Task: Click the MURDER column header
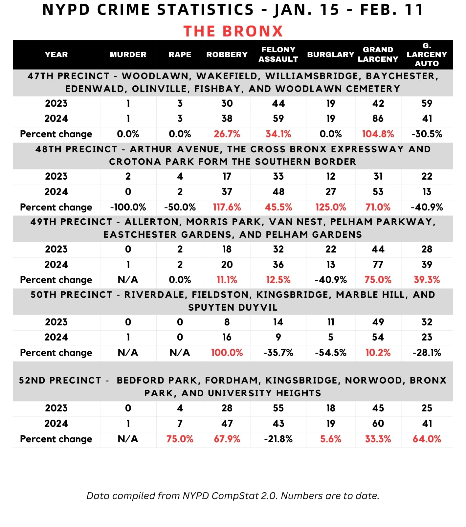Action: pyautogui.click(x=128, y=55)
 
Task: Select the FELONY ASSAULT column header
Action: pyautogui.click(x=278, y=55)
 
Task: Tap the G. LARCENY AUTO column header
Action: pyautogui.click(x=427, y=55)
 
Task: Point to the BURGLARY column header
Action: pyautogui.click(x=331, y=55)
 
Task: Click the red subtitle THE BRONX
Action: pyautogui.click(x=233, y=31)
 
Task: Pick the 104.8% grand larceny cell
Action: pyautogui.click(x=378, y=134)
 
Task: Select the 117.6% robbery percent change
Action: pyautogui.click(x=227, y=207)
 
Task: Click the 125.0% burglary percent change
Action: pyautogui.click(x=331, y=207)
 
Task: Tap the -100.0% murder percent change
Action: pyautogui.click(x=128, y=207)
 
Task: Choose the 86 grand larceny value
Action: pyautogui.click(x=378, y=119)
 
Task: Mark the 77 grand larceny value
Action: pyautogui.click(x=378, y=264)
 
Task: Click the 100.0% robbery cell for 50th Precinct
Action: pyautogui.click(x=227, y=353)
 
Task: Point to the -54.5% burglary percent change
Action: pyautogui.click(x=331, y=353)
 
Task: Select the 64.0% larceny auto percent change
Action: pyautogui.click(x=427, y=439)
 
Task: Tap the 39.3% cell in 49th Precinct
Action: pyautogui.click(x=427, y=280)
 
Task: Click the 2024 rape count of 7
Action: pyautogui.click(x=180, y=424)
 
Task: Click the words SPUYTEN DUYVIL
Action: pyautogui.click(x=233, y=308)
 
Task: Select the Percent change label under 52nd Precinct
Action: pyautogui.click(x=56, y=439)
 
